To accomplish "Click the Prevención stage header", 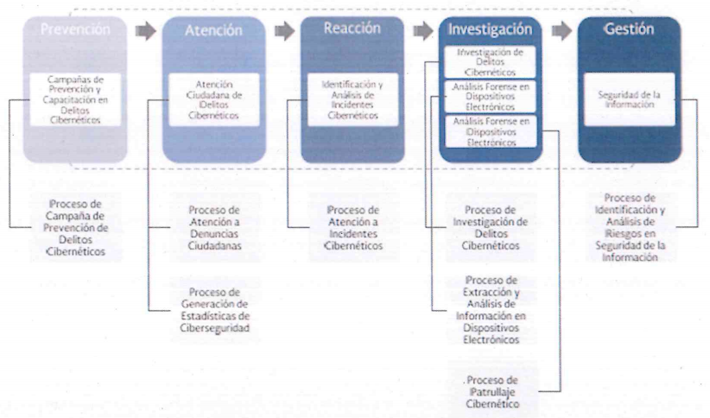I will [x=76, y=28].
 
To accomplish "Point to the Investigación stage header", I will [x=490, y=28].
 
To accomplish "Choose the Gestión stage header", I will [x=629, y=28].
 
